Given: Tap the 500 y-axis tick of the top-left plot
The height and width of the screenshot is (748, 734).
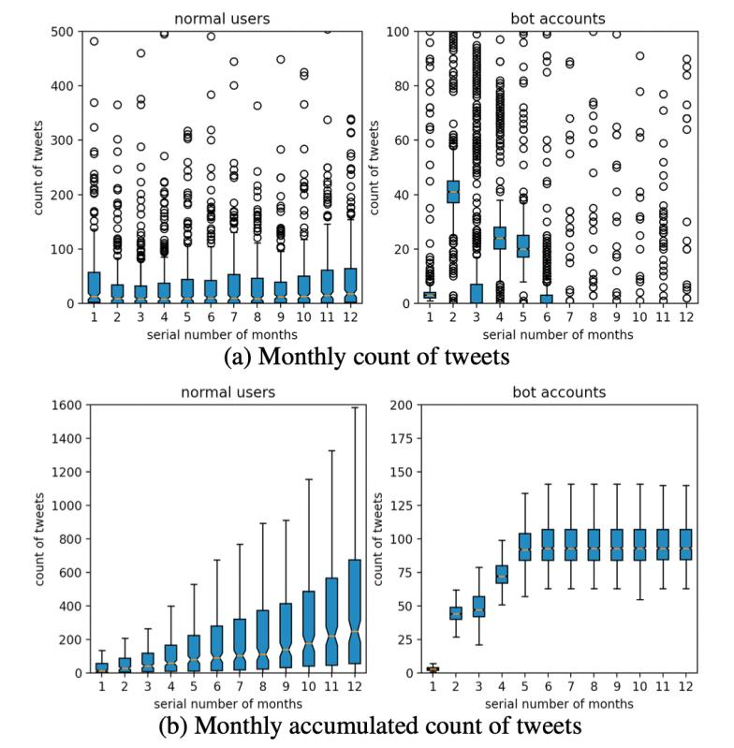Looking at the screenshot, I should coord(67,31).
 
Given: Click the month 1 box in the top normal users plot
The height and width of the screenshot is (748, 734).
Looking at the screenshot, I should coord(95,286).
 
